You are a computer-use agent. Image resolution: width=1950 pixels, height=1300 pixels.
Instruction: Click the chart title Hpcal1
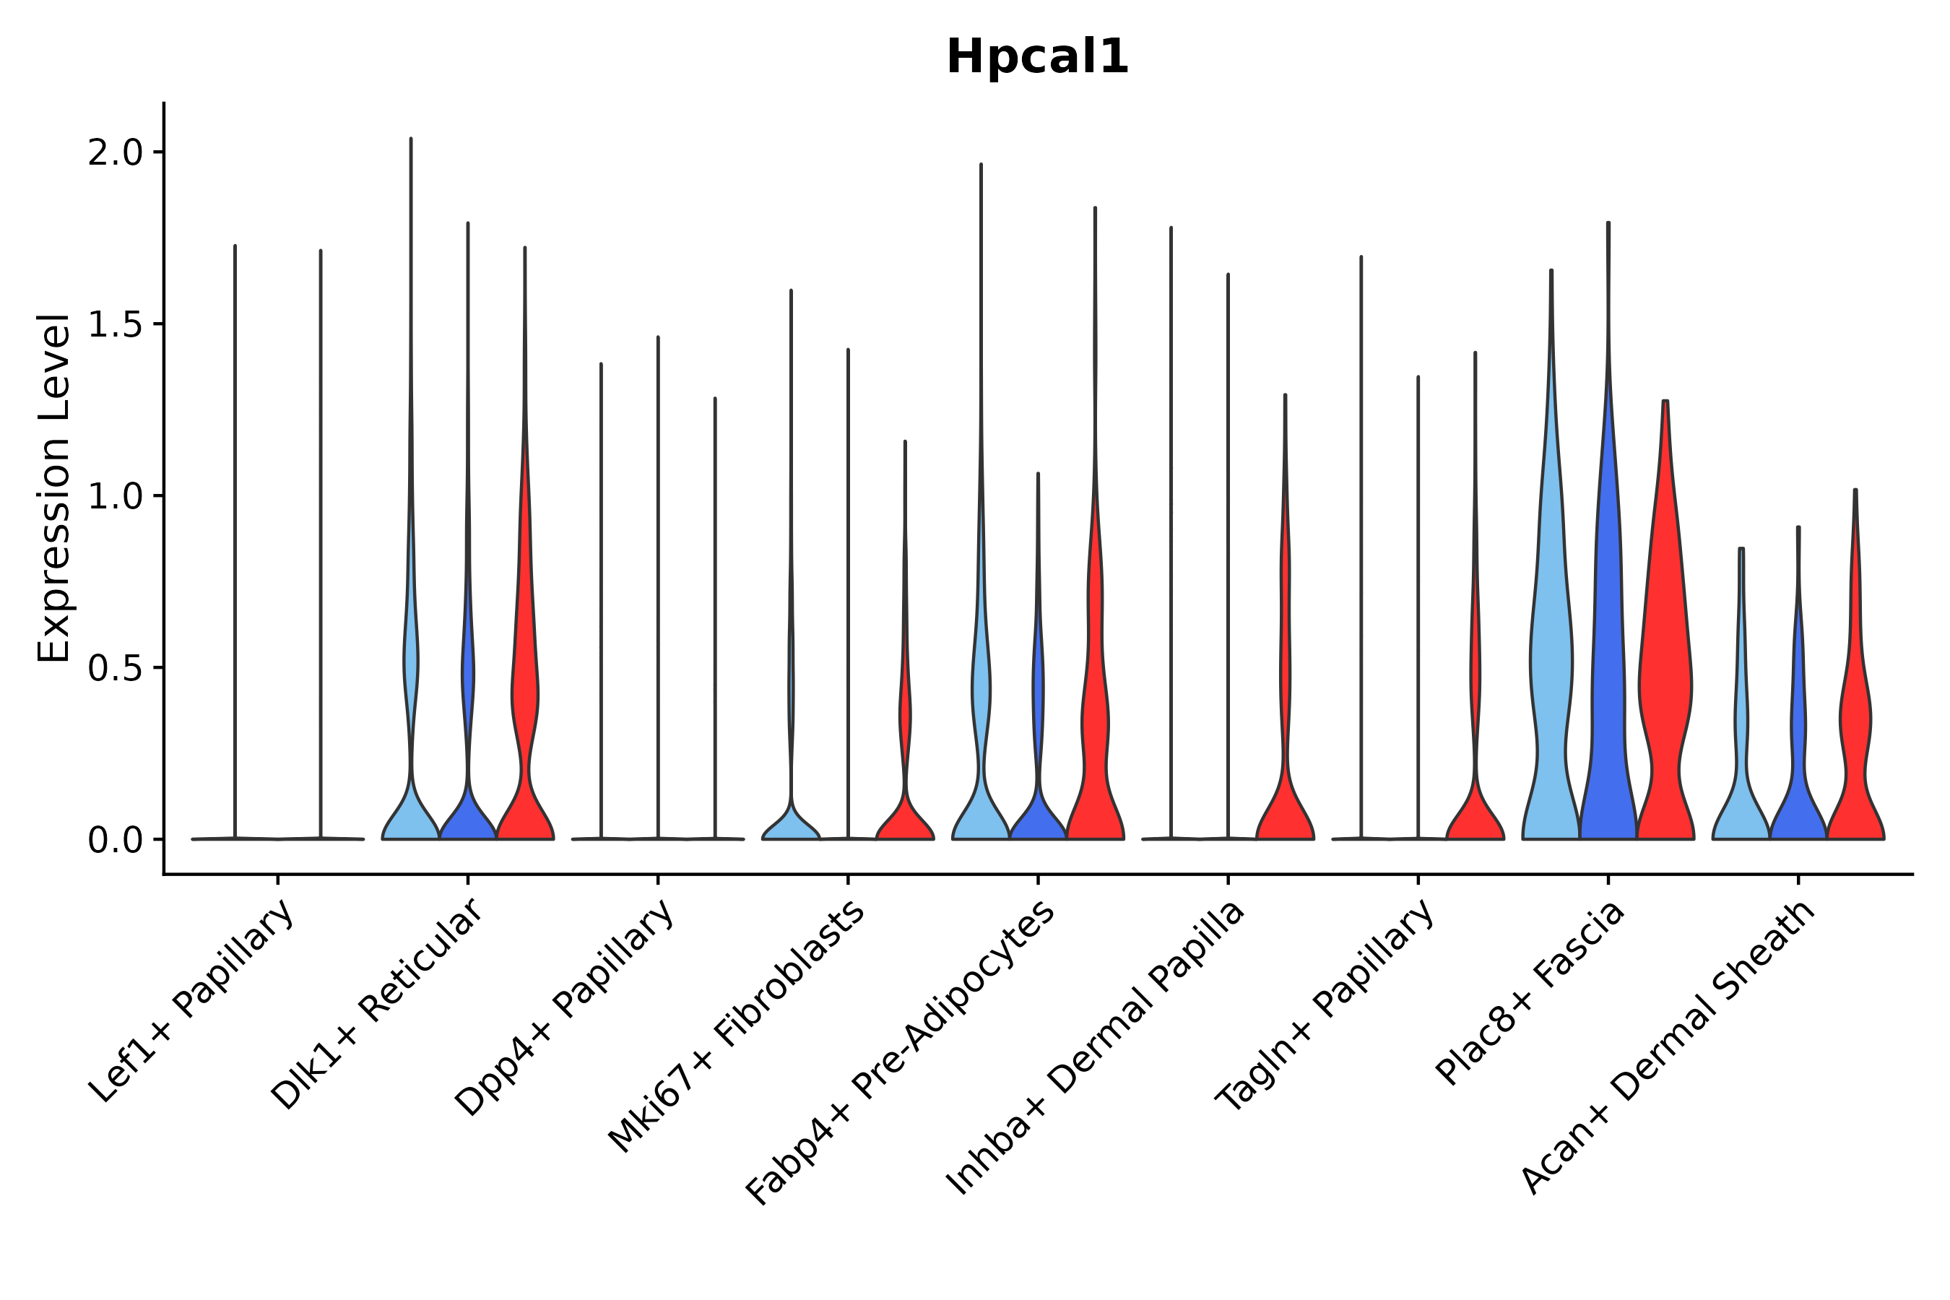pyautogui.click(x=1037, y=57)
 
